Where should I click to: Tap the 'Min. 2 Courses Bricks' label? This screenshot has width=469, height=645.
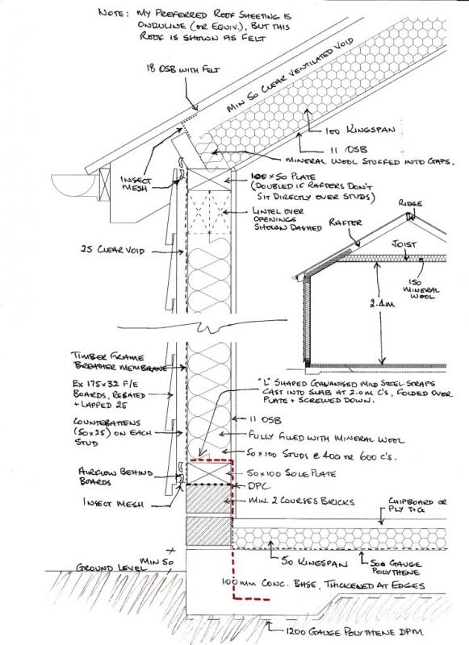point(289,501)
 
